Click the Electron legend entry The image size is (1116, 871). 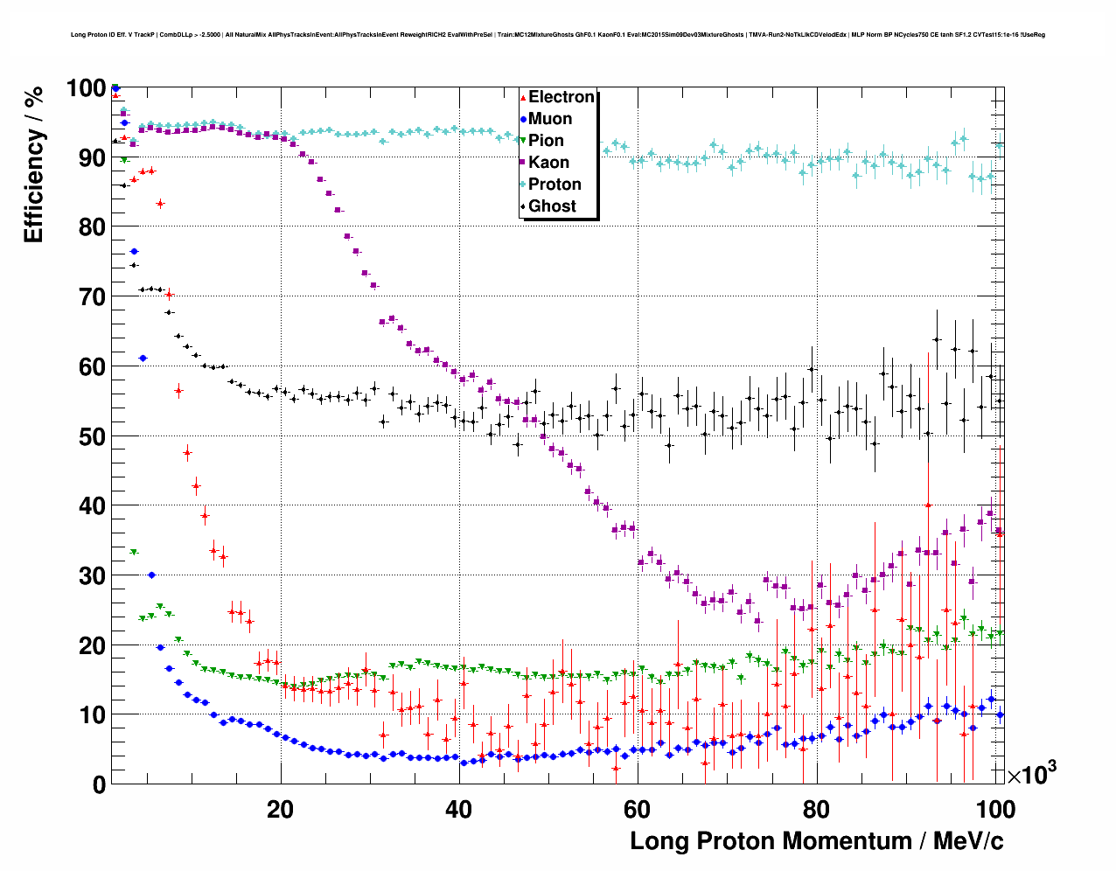click(561, 97)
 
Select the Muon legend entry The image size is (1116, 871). click(550, 119)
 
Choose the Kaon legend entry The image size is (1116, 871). click(548, 163)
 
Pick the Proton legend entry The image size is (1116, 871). click(555, 185)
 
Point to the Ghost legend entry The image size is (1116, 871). click(552, 206)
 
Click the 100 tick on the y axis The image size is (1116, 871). click(86, 88)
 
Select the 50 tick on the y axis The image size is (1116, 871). click(92, 436)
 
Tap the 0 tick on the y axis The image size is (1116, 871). click(99, 784)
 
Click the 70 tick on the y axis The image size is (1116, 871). click(92, 297)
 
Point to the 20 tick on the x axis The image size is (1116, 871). click(281, 809)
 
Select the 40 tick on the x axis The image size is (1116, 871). click(459, 809)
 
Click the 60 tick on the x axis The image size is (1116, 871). click(638, 809)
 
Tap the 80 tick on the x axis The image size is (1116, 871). click(816, 809)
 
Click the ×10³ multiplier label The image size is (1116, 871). click(1032, 775)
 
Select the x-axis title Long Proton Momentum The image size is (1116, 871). click(817, 841)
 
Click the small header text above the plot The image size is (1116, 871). click(557, 35)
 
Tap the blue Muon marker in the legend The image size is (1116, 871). click(523, 120)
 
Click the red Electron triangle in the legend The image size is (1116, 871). click(523, 98)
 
